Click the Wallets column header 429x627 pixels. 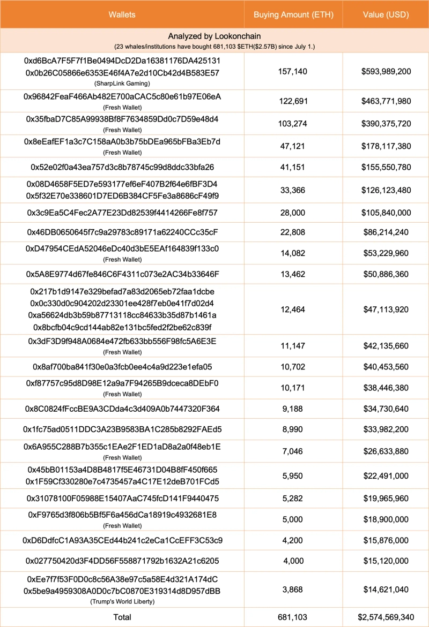pos(122,14)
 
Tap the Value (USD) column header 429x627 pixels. pos(385,14)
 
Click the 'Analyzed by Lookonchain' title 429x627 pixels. pos(214,36)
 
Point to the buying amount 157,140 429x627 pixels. pos(293,72)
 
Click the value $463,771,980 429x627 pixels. pos(385,101)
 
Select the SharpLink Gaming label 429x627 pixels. pos(122,84)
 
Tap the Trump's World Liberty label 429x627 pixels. pos(122,601)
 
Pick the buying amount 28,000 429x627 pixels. pos(293,213)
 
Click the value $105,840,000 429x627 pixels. pos(385,213)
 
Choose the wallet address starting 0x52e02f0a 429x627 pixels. pos(122,167)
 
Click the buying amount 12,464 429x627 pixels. pos(293,309)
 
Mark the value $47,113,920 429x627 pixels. pos(385,309)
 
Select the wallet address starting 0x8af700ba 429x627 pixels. pos(122,367)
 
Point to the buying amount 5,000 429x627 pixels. pos(293,519)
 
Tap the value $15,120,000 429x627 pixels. pos(385,561)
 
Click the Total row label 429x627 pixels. pos(122,617)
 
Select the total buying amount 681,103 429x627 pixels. pos(293,617)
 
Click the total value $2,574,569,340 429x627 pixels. pos(385,617)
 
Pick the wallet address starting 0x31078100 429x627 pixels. pos(122,498)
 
